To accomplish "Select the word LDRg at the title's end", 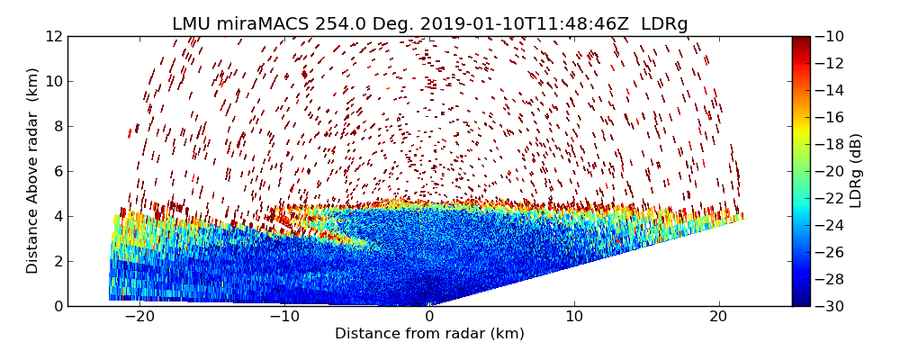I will click(x=664, y=24).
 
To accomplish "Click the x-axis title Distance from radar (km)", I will click(x=429, y=334).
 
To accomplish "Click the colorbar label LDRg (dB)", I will click(x=856, y=171).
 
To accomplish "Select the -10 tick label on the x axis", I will click(x=283, y=317).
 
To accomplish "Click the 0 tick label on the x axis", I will click(x=429, y=317).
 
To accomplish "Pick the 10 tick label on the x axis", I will click(x=574, y=317).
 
